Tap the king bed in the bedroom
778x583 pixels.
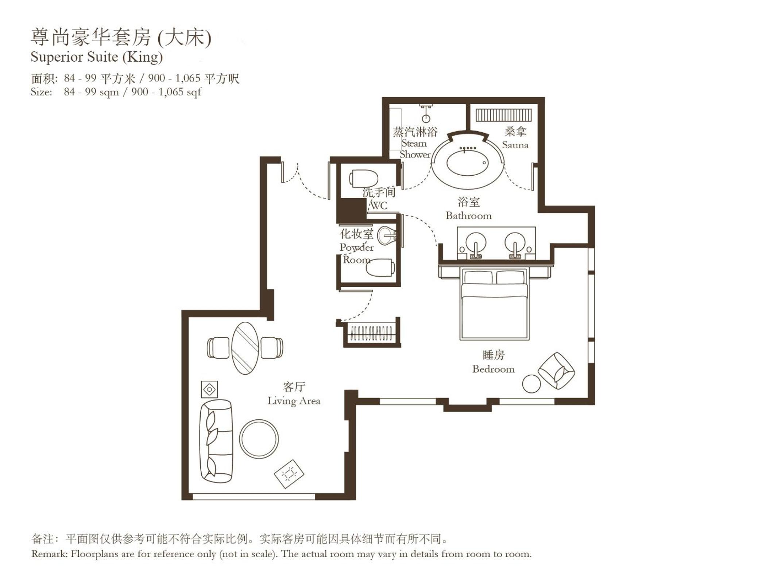pyautogui.click(x=494, y=304)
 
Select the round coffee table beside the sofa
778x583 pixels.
pyautogui.click(x=259, y=439)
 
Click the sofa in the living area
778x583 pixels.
pyautogui.click(x=216, y=441)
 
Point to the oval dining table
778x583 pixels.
pyautogui.click(x=245, y=348)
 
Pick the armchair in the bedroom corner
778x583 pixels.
pyautogui.click(x=557, y=371)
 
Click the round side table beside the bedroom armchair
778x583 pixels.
pyautogui.click(x=531, y=384)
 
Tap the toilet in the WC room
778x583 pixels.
pyautogui.click(x=364, y=179)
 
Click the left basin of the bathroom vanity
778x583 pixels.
pyautogui.click(x=476, y=243)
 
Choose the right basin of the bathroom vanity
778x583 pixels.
pyautogui.click(x=515, y=243)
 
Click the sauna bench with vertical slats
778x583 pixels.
pyautogui.click(x=503, y=115)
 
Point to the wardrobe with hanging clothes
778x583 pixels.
pyautogui.click(x=371, y=333)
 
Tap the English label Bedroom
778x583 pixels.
pyautogui.click(x=493, y=369)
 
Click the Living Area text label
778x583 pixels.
pyautogui.click(x=294, y=401)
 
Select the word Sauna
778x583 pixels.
pyautogui.click(x=515, y=145)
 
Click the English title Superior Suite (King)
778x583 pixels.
pyautogui.click(x=97, y=57)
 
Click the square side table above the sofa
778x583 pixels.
pyautogui.click(x=209, y=390)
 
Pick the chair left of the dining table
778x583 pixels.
pyautogui.click(x=218, y=348)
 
